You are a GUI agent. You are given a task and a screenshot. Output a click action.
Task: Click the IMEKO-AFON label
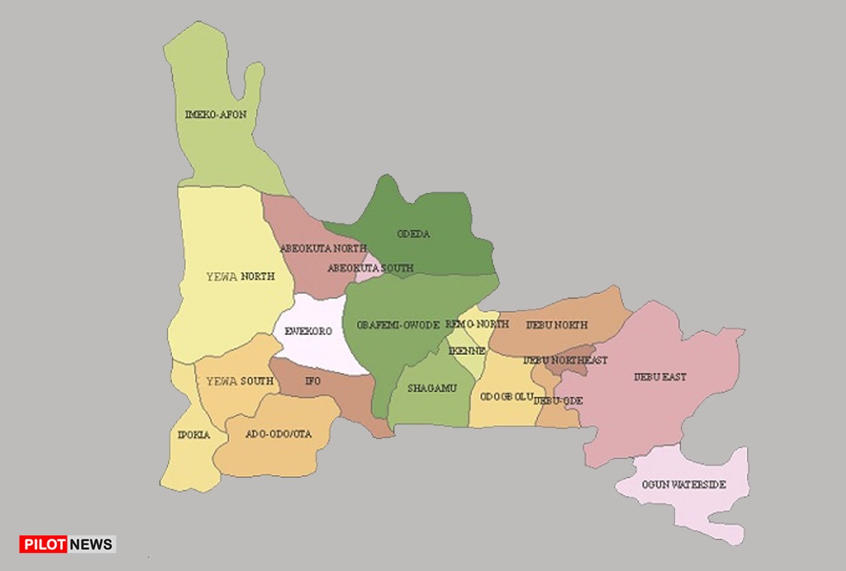[215, 114]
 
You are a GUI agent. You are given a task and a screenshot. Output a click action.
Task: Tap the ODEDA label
[414, 234]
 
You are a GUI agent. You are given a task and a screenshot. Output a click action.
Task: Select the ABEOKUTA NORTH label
[323, 248]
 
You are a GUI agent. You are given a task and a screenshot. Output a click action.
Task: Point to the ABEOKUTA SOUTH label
[370, 268]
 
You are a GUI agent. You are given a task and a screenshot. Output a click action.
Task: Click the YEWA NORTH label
[240, 276]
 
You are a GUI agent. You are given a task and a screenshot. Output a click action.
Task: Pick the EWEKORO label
[308, 331]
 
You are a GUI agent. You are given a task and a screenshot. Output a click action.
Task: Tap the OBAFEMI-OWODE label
[398, 325]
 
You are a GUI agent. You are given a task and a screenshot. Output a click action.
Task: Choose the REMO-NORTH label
[477, 324]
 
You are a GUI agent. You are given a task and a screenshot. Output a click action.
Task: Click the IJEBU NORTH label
[557, 325]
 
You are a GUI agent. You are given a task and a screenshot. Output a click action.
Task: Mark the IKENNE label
[467, 351]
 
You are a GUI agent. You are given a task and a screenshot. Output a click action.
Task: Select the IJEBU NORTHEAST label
[565, 360]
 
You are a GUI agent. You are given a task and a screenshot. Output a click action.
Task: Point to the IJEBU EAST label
[660, 377]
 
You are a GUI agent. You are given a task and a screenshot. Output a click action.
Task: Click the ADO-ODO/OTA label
[278, 434]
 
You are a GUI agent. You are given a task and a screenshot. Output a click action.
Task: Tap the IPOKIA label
[194, 435]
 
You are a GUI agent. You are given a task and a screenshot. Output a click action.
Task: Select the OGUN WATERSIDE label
[683, 484]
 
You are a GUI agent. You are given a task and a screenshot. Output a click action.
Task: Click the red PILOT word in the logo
[44, 544]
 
